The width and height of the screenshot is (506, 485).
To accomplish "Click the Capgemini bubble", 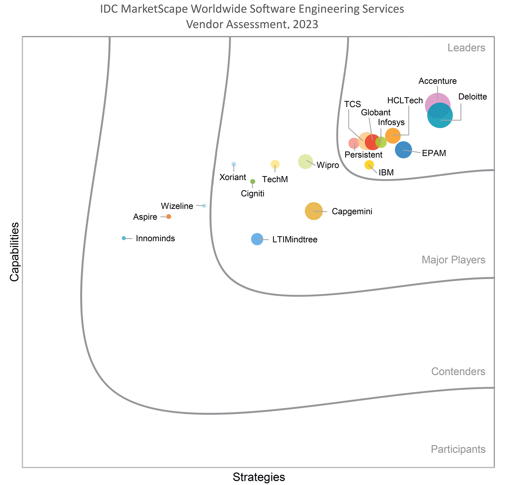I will [x=314, y=211].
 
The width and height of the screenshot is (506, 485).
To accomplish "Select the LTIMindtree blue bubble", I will [x=257, y=239].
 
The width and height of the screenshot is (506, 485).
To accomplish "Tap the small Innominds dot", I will [x=124, y=238].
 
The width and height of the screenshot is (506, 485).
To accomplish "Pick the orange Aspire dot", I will [x=168, y=217].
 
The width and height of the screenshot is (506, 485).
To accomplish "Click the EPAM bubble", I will [x=403, y=150].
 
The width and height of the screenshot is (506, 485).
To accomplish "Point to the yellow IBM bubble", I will [x=369, y=165].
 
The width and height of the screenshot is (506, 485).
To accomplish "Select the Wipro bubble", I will [x=305, y=162].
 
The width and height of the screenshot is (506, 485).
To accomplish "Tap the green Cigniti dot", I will [x=253, y=181].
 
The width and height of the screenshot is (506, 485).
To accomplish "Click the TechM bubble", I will [x=275, y=164].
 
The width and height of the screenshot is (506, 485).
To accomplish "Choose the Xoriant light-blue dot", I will [x=234, y=164].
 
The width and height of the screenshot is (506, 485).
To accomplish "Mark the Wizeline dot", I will [x=204, y=205].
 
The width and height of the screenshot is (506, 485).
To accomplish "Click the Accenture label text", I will [x=437, y=81].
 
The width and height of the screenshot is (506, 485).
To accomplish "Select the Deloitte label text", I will [x=473, y=97].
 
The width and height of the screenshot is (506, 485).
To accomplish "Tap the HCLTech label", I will [x=405, y=100].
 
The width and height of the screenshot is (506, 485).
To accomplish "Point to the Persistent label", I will [x=363, y=155].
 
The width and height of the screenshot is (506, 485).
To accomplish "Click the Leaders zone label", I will [x=466, y=48].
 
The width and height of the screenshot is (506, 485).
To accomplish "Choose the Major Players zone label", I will [x=453, y=260].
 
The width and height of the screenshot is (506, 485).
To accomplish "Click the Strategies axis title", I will [x=259, y=477].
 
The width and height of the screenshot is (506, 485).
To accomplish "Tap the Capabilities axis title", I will [x=14, y=252].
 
